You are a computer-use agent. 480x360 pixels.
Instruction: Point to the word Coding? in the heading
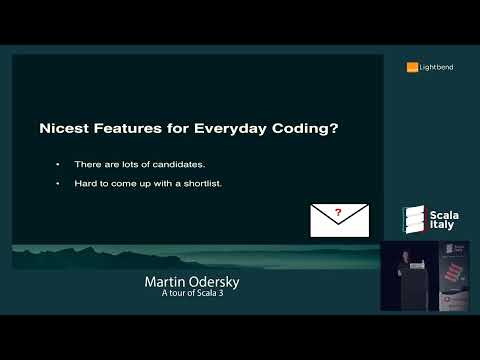point(266,128)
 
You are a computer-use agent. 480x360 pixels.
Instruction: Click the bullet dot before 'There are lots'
point(58,163)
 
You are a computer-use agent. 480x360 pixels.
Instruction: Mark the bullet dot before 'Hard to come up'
point(58,184)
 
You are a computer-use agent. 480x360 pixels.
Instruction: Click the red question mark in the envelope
point(340,212)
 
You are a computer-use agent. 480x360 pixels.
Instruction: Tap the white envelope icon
point(340,220)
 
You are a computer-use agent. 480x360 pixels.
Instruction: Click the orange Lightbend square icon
point(411,67)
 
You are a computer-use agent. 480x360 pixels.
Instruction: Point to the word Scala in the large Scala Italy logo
point(442,212)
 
